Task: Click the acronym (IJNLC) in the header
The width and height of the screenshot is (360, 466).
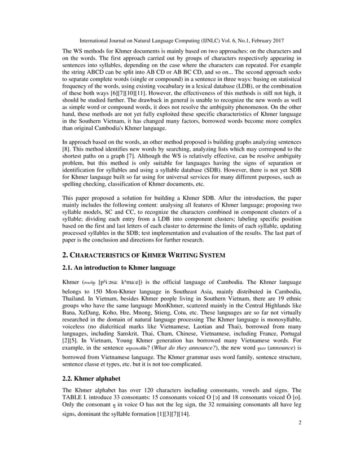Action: coord(223,42)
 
